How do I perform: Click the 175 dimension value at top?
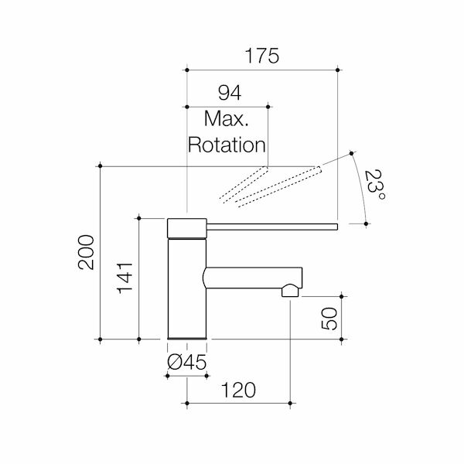pos(261,56)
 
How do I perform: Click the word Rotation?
pos(227,145)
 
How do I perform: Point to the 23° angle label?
pos(376,186)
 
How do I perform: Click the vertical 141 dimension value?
pos(126,279)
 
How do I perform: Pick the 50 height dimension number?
pos(329,317)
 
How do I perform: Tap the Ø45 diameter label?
pos(188,362)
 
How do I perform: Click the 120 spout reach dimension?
pos(239,391)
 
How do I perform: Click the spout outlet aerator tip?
pos(290,292)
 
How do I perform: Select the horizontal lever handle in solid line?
pos(271,226)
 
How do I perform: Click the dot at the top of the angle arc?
pos(350,152)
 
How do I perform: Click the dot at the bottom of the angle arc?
pos(366,224)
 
